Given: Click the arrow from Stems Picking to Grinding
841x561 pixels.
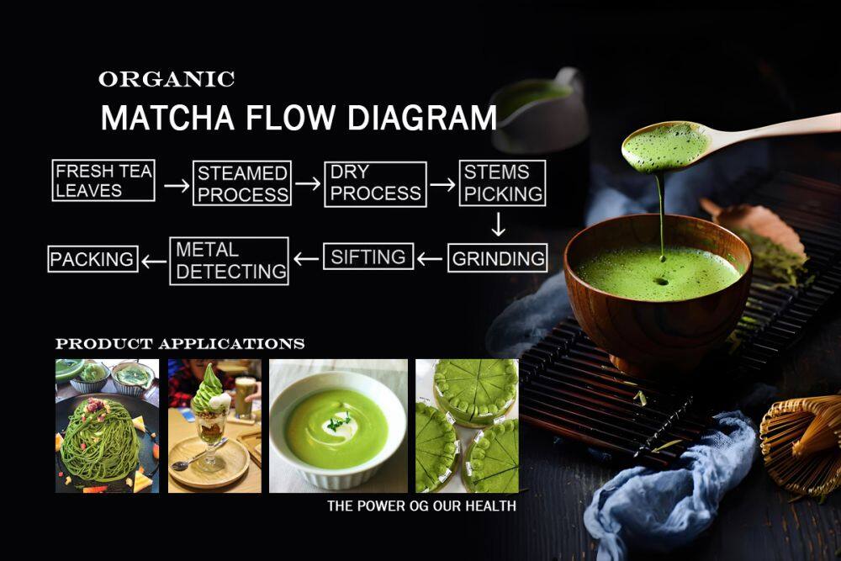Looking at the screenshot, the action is tap(498, 225).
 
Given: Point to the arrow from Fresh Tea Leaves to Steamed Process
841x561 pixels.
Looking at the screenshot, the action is tap(177, 186).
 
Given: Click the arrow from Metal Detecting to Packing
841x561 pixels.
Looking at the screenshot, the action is tap(154, 262).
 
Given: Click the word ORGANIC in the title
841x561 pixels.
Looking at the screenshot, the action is tap(167, 79).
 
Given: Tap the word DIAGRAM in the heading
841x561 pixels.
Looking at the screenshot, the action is tap(421, 118).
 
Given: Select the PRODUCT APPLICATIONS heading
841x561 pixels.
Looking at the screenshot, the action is tap(180, 344).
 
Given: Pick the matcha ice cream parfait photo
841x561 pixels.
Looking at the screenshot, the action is tap(214, 426).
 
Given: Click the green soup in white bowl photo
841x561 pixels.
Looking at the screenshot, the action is tap(338, 426).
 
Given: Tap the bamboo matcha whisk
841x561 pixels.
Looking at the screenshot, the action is tap(801, 445).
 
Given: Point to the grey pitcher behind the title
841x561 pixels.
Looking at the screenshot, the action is tap(539, 110).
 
